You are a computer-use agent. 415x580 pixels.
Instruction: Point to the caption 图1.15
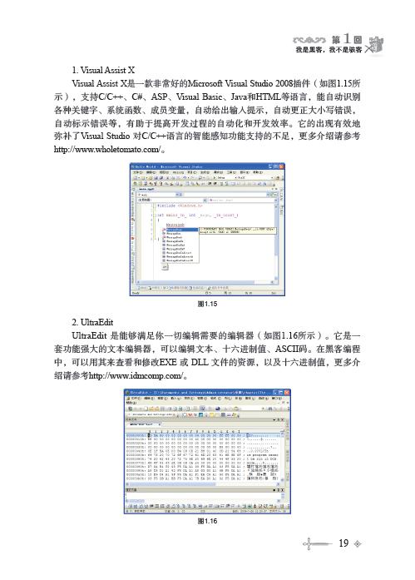click(x=207, y=305)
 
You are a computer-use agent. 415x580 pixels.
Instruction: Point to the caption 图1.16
click(x=207, y=522)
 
